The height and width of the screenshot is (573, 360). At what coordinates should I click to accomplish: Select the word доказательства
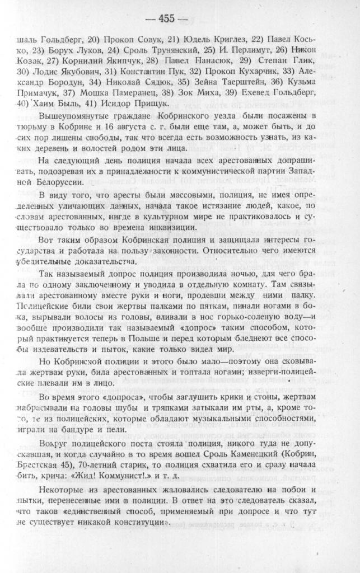pos(106,261)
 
